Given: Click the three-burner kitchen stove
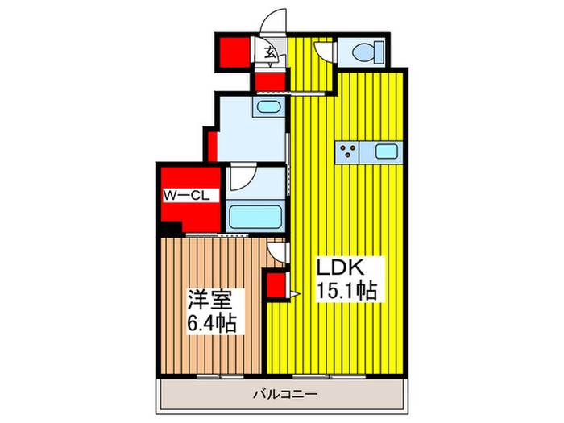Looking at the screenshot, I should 348,151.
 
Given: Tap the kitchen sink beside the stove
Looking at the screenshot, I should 386,151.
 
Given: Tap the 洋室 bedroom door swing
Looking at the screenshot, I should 277,255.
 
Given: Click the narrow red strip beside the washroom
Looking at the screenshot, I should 211,146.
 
